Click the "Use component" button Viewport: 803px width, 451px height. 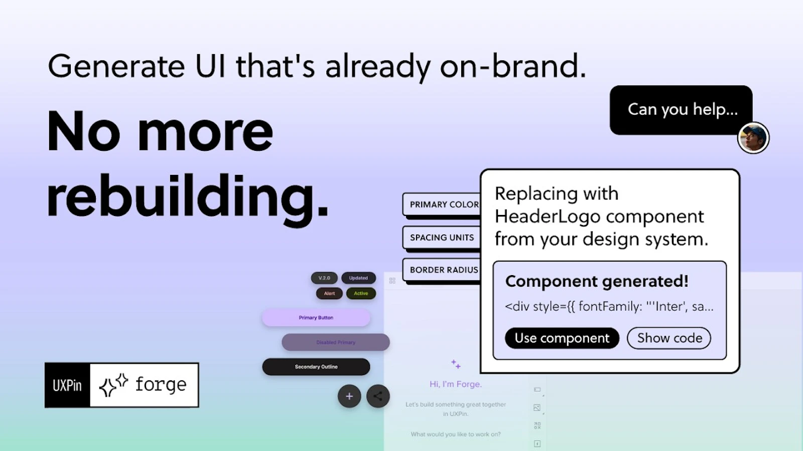click(x=562, y=338)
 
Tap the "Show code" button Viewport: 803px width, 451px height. click(x=669, y=338)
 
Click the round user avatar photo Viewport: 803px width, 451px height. click(x=753, y=138)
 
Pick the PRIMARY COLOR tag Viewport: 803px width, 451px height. click(x=442, y=204)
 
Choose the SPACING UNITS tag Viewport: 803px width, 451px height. click(x=442, y=238)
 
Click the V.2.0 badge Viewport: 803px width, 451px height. click(x=324, y=278)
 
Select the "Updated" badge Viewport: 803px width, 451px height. click(x=358, y=278)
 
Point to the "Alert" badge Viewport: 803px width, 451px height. click(x=329, y=293)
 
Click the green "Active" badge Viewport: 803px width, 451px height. click(x=361, y=293)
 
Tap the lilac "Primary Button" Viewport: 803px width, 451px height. click(x=316, y=318)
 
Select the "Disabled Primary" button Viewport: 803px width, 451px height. click(x=336, y=342)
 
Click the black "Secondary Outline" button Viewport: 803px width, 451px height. click(x=316, y=367)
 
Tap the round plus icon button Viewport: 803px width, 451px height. click(x=349, y=396)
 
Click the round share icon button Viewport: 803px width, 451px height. click(x=378, y=396)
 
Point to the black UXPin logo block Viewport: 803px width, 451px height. click(x=67, y=385)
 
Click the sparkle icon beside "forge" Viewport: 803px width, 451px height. click(x=113, y=385)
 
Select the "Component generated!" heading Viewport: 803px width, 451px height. click(x=597, y=281)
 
